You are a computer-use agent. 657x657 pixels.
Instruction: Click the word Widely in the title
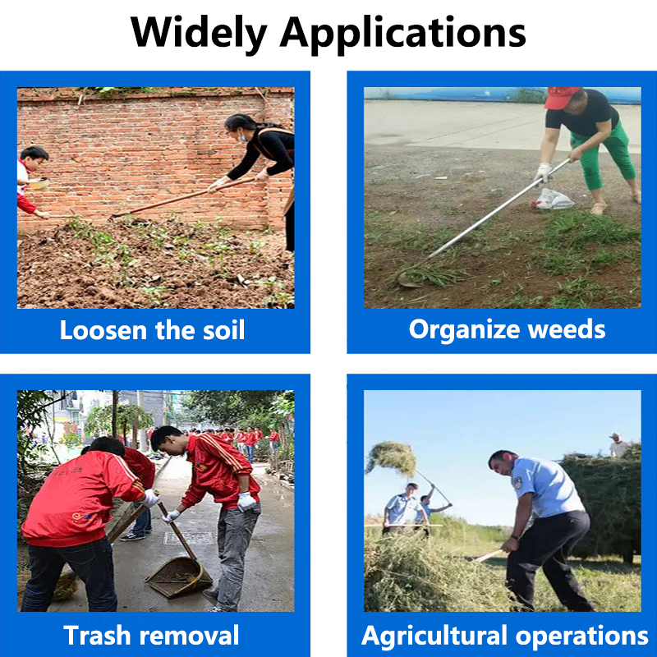[x=199, y=34]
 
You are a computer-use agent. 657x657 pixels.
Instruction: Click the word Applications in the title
[x=402, y=34]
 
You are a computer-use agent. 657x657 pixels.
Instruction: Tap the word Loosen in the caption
[x=103, y=330]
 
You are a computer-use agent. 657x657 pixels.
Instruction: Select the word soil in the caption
[x=223, y=330]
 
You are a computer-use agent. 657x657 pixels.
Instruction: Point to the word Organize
[x=464, y=330]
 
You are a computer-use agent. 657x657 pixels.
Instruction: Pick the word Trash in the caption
[x=97, y=635]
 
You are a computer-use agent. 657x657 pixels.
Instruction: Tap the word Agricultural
[x=434, y=636]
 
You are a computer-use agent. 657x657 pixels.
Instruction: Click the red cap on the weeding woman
[x=561, y=98]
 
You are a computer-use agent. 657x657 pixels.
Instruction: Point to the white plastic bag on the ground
[x=553, y=199]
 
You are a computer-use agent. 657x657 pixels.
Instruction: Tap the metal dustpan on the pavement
[x=178, y=577]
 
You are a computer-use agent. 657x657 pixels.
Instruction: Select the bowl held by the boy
[x=38, y=183]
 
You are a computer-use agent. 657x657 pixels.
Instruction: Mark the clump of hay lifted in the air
[x=392, y=458]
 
